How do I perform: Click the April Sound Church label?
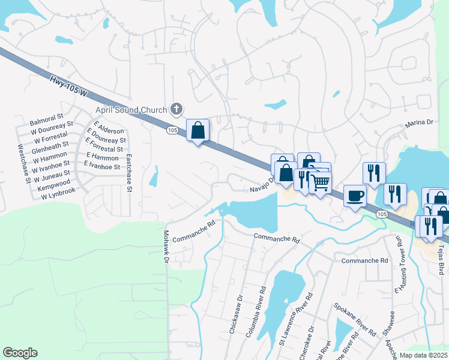131,110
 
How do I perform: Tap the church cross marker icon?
176,109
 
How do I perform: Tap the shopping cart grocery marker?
321,182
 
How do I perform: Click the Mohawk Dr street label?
166,246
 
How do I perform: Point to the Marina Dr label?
419,122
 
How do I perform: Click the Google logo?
20,352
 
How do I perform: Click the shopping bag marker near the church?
197,129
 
